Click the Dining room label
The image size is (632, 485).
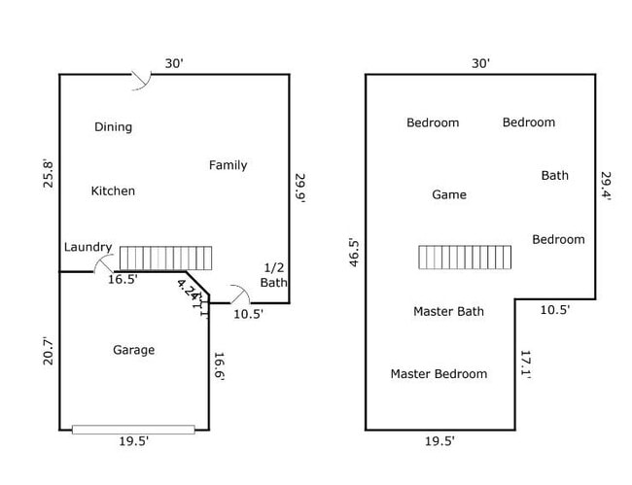point(113,127)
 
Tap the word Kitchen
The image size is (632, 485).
point(113,191)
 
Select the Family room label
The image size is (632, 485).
point(228,165)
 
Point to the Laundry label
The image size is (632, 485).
point(88,248)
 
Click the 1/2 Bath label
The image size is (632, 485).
point(274,275)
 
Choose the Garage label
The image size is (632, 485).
point(133,350)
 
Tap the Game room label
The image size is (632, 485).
point(448,195)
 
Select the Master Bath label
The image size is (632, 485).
point(448,312)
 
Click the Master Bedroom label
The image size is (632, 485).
point(439,374)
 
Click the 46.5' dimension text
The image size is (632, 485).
point(355,252)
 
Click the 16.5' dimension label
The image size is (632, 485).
point(123,280)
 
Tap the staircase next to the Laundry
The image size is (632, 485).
point(164,259)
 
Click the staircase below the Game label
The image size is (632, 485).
point(465,257)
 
